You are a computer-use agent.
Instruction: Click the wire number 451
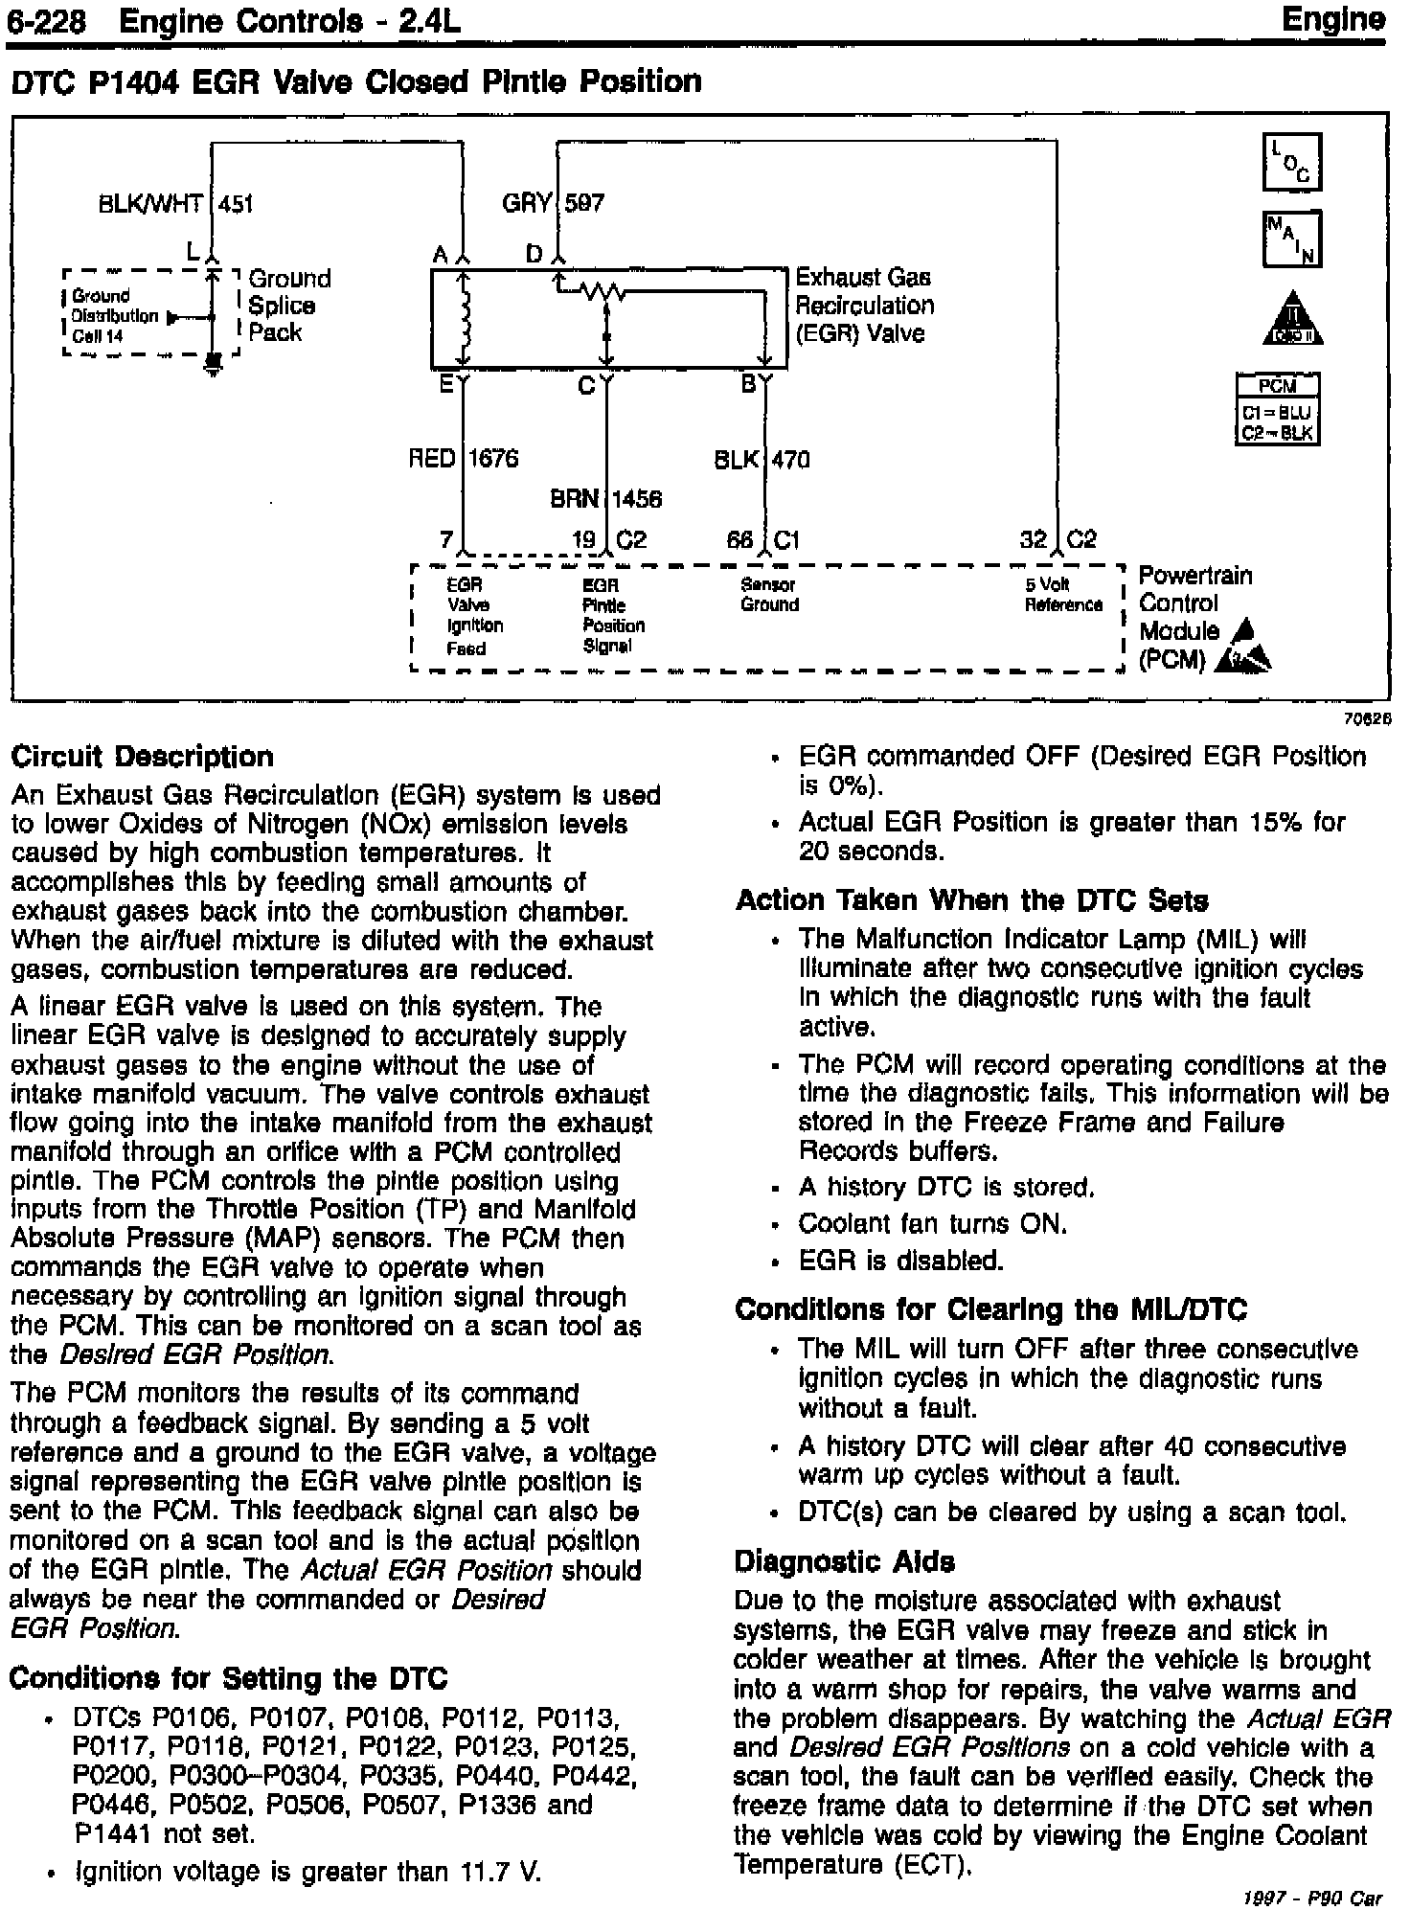coord(237,203)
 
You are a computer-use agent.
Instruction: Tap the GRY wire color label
coord(527,203)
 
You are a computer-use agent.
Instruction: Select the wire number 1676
coord(492,459)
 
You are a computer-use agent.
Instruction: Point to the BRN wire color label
coord(574,499)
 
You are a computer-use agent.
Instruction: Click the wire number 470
coord(791,460)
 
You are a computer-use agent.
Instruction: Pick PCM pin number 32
coord(1034,539)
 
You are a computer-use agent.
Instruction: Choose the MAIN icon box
coord(1291,239)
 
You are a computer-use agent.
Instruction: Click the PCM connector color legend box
coord(1278,409)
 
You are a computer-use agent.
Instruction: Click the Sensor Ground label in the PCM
coord(769,595)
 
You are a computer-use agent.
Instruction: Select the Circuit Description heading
coord(142,757)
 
